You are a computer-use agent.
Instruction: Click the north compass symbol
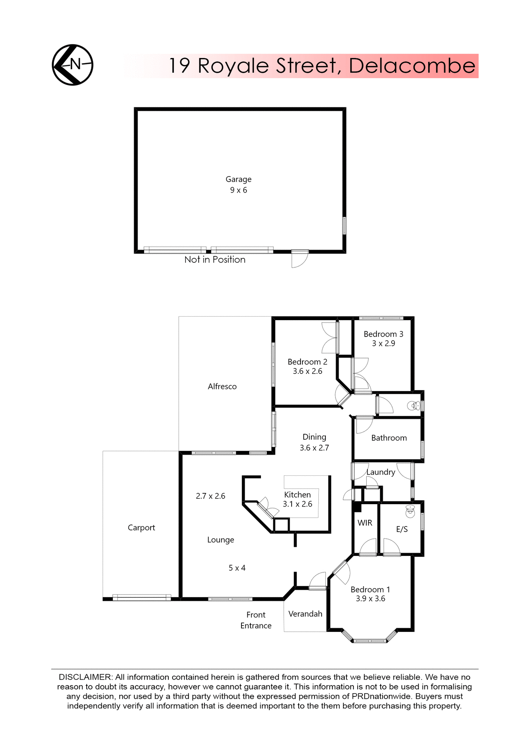(73, 65)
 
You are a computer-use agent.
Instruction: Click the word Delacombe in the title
(412, 66)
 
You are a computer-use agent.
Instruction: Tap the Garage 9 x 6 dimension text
(238, 190)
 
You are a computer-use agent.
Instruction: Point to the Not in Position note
(215, 260)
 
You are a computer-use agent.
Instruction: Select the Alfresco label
(222, 386)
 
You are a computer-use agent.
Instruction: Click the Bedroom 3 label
(383, 334)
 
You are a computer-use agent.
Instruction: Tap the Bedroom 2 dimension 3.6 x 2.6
(307, 371)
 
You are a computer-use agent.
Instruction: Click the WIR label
(365, 523)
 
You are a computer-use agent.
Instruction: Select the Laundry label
(381, 472)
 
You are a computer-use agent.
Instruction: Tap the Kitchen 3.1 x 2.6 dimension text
(297, 504)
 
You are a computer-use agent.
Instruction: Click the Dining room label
(314, 437)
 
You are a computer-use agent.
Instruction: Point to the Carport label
(141, 528)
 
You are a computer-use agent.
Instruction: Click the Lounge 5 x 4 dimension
(237, 568)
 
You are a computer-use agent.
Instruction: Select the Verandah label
(305, 614)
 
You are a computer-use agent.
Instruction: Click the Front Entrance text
(256, 620)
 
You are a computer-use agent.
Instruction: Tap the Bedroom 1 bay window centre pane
(370, 640)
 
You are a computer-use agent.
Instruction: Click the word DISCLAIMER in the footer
(85, 677)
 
